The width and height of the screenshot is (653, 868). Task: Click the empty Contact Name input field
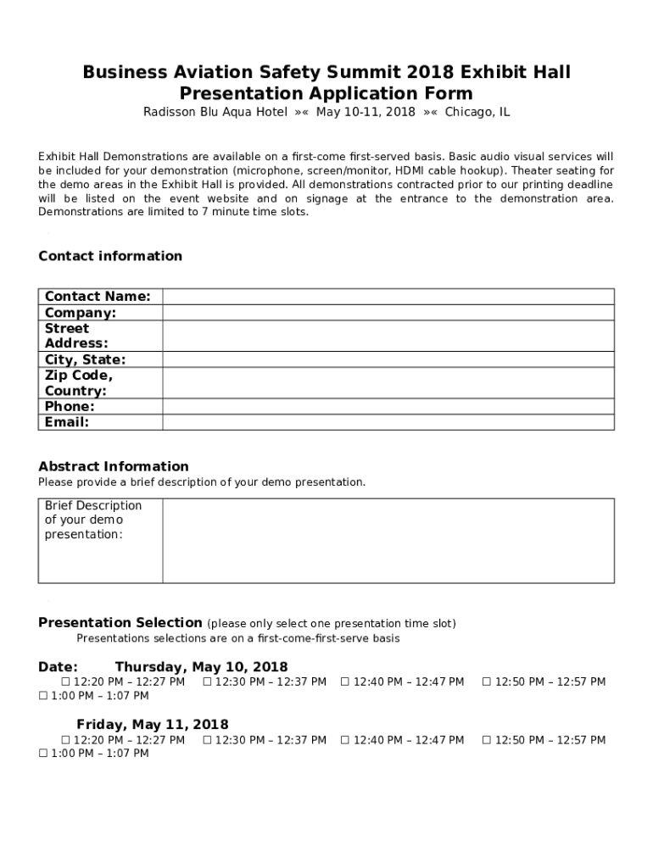pyautogui.click(x=388, y=296)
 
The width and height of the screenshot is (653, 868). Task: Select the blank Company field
pyautogui.click(x=388, y=312)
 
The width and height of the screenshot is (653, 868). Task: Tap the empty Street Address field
pyautogui.click(x=388, y=336)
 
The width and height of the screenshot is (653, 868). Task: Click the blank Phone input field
pyautogui.click(x=388, y=406)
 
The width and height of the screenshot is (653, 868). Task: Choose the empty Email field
pyautogui.click(x=388, y=421)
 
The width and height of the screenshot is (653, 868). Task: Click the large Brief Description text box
pyautogui.click(x=388, y=540)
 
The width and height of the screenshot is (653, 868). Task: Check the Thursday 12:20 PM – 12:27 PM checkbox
pyautogui.click(x=65, y=682)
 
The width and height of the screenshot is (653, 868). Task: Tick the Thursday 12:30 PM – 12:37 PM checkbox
pyautogui.click(x=208, y=682)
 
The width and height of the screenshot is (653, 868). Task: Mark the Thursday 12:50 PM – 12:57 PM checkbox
pyautogui.click(x=487, y=682)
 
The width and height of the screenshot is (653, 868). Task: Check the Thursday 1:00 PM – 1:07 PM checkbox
pyautogui.click(x=43, y=696)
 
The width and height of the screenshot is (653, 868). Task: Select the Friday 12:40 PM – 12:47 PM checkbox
pyautogui.click(x=345, y=740)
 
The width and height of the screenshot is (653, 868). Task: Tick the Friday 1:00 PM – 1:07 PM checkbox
pyautogui.click(x=43, y=754)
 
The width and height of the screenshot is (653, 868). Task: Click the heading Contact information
pyautogui.click(x=110, y=256)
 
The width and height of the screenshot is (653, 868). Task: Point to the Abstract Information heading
pyautogui.click(x=114, y=466)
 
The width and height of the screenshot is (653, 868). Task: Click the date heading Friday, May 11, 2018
pyautogui.click(x=153, y=725)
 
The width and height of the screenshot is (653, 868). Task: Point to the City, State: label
pyautogui.click(x=85, y=359)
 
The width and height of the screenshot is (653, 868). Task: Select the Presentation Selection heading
pyautogui.click(x=120, y=622)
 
